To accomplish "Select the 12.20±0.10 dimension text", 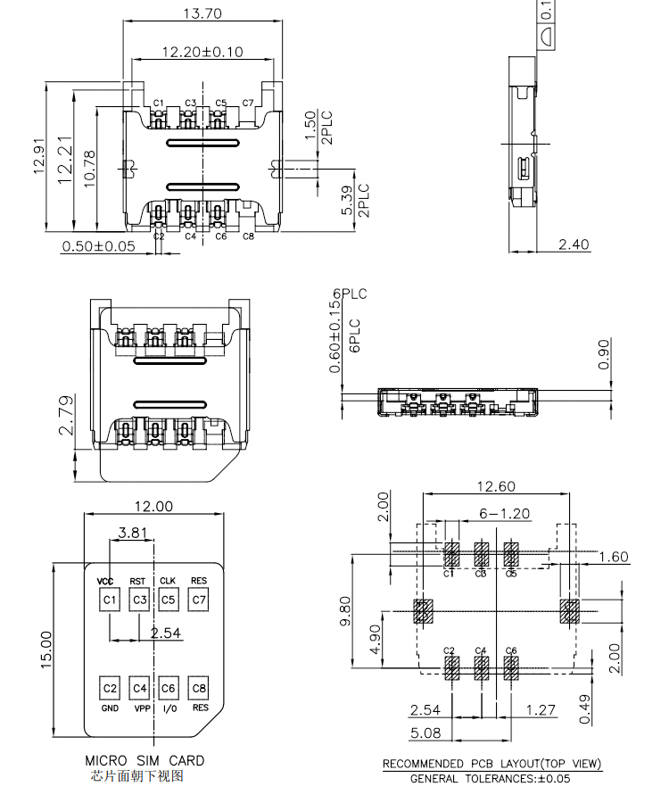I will pos(202,53).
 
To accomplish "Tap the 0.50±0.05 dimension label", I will pos(98,246).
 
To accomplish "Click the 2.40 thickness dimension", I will pos(574,244).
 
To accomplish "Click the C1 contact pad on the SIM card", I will pos(110,600).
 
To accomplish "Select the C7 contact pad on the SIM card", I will pos(199,600).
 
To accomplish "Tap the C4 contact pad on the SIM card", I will pos(139,689).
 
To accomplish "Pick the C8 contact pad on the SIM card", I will pos(199,689).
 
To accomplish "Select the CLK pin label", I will pos(168,581).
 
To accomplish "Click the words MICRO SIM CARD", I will pos(145,761).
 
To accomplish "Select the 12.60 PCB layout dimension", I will pos(496,486).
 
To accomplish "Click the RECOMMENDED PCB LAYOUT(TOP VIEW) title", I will pos(491,765).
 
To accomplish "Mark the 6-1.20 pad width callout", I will pos(505,514).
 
